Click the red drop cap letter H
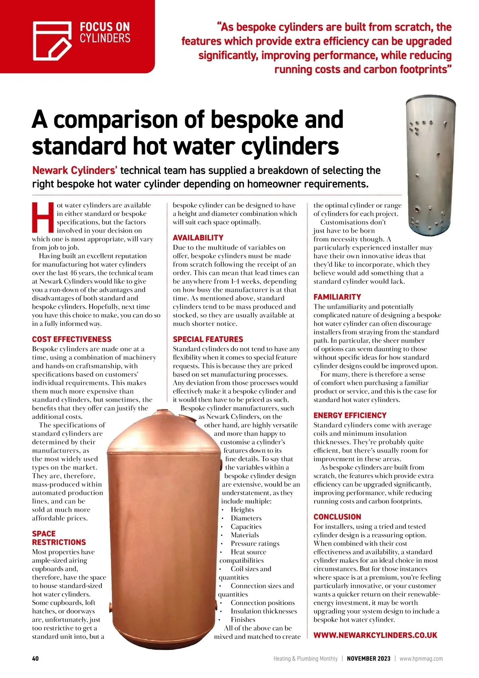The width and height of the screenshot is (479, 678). click(x=43, y=217)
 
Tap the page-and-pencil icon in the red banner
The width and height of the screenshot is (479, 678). click(x=52, y=41)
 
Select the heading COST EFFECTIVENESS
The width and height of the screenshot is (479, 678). click(x=72, y=339)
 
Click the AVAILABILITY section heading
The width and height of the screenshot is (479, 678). click(x=198, y=237)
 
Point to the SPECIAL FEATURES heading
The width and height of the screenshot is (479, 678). click(x=208, y=339)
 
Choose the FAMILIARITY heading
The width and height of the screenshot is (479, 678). click(x=337, y=297)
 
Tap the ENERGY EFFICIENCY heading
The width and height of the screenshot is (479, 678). click(x=350, y=415)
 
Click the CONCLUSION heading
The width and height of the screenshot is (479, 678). click(x=337, y=516)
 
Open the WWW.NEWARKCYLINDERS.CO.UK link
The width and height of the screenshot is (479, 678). click(x=375, y=635)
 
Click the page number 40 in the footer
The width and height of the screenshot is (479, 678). click(x=36, y=658)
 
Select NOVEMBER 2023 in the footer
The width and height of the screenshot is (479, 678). click(x=368, y=658)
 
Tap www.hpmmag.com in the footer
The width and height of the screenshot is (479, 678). click(x=421, y=658)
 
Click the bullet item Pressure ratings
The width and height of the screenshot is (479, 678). click(x=255, y=543)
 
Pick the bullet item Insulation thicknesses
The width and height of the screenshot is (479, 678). click(x=263, y=611)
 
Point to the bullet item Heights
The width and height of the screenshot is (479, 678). click(x=242, y=509)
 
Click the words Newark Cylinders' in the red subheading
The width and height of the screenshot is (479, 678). click(x=75, y=170)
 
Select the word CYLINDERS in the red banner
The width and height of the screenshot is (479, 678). click(x=105, y=38)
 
